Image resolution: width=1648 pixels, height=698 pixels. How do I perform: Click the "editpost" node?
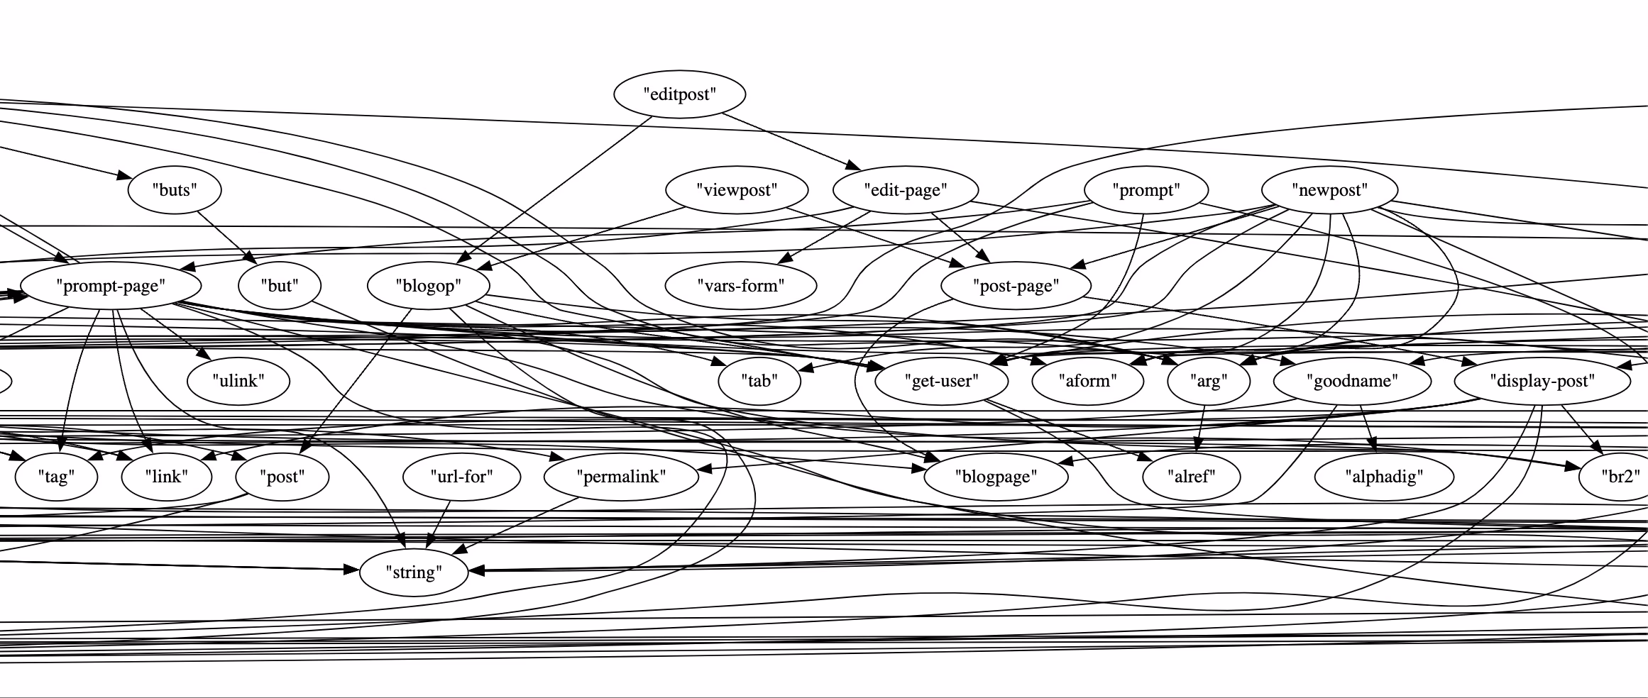pyautogui.click(x=679, y=94)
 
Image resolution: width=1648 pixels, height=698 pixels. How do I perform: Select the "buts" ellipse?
pyautogui.click(x=175, y=189)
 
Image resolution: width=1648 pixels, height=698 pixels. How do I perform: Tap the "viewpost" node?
pyautogui.click(x=737, y=189)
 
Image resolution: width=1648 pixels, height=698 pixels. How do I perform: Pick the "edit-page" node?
pyautogui.click(x=905, y=189)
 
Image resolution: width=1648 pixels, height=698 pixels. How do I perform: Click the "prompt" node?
pyautogui.click(x=1146, y=190)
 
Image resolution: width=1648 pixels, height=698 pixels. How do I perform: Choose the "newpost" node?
pyautogui.click(x=1329, y=190)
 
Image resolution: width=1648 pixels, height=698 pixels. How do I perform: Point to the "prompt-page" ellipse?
pyautogui.click(x=111, y=286)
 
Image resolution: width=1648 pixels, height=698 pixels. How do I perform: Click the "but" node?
pyautogui.click(x=280, y=286)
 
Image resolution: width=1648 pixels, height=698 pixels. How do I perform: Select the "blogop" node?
pyautogui.click(x=428, y=286)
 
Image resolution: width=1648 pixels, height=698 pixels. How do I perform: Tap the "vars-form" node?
pyautogui.click(x=741, y=286)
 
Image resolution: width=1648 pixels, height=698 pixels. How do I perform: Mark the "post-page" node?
pyautogui.click(x=1015, y=286)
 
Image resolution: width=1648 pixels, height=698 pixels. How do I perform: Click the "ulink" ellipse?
pyautogui.click(x=238, y=381)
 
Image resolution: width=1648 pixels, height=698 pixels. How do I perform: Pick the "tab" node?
pyautogui.click(x=759, y=381)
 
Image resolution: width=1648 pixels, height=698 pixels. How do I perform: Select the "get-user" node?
pyautogui.click(x=941, y=381)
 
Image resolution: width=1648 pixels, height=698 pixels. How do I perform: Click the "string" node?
pyautogui.click(x=414, y=572)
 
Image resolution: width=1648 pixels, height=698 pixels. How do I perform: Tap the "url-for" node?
pyautogui.click(x=461, y=477)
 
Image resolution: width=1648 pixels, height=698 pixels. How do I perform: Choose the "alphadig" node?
pyautogui.click(x=1384, y=477)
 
